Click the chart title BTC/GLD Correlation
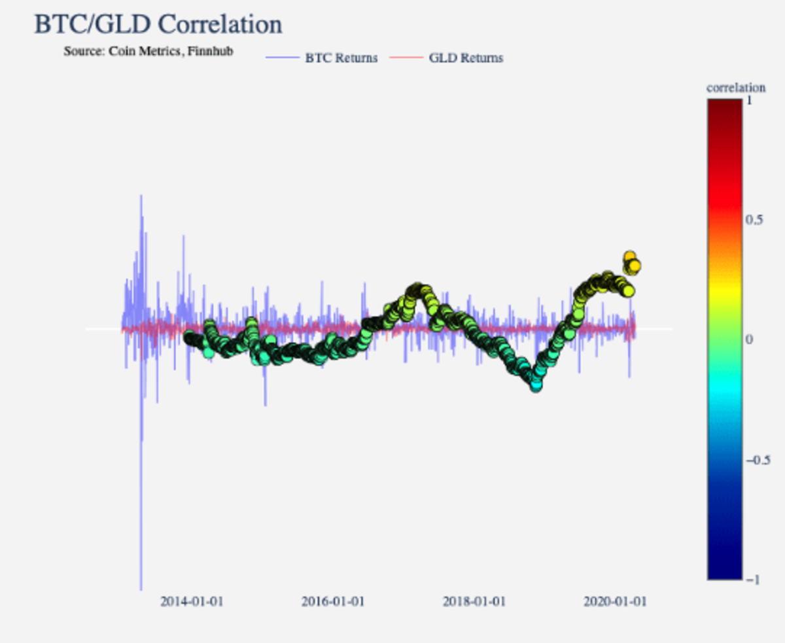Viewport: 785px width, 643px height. pos(158,25)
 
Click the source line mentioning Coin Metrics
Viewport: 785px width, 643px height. pos(148,51)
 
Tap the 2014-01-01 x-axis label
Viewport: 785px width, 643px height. pos(192,602)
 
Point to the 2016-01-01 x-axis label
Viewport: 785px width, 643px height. pos(333,602)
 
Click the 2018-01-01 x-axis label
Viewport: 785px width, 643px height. pos(474,602)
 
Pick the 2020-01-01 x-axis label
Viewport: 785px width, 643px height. pos(615,602)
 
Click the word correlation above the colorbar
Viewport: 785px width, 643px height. pos(736,88)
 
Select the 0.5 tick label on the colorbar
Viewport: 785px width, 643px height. pos(755,219)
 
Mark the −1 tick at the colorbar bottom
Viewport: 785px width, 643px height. pos(754,580)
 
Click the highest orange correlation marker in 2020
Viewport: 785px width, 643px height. pos(629,257)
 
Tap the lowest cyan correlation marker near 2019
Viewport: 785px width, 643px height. pos(536,385)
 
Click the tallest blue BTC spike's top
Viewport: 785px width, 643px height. pos(141,196)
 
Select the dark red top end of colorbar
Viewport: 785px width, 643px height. pos(724,105)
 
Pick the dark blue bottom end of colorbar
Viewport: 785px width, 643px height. pos(724,574)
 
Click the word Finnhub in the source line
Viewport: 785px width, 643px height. pos(211,51)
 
